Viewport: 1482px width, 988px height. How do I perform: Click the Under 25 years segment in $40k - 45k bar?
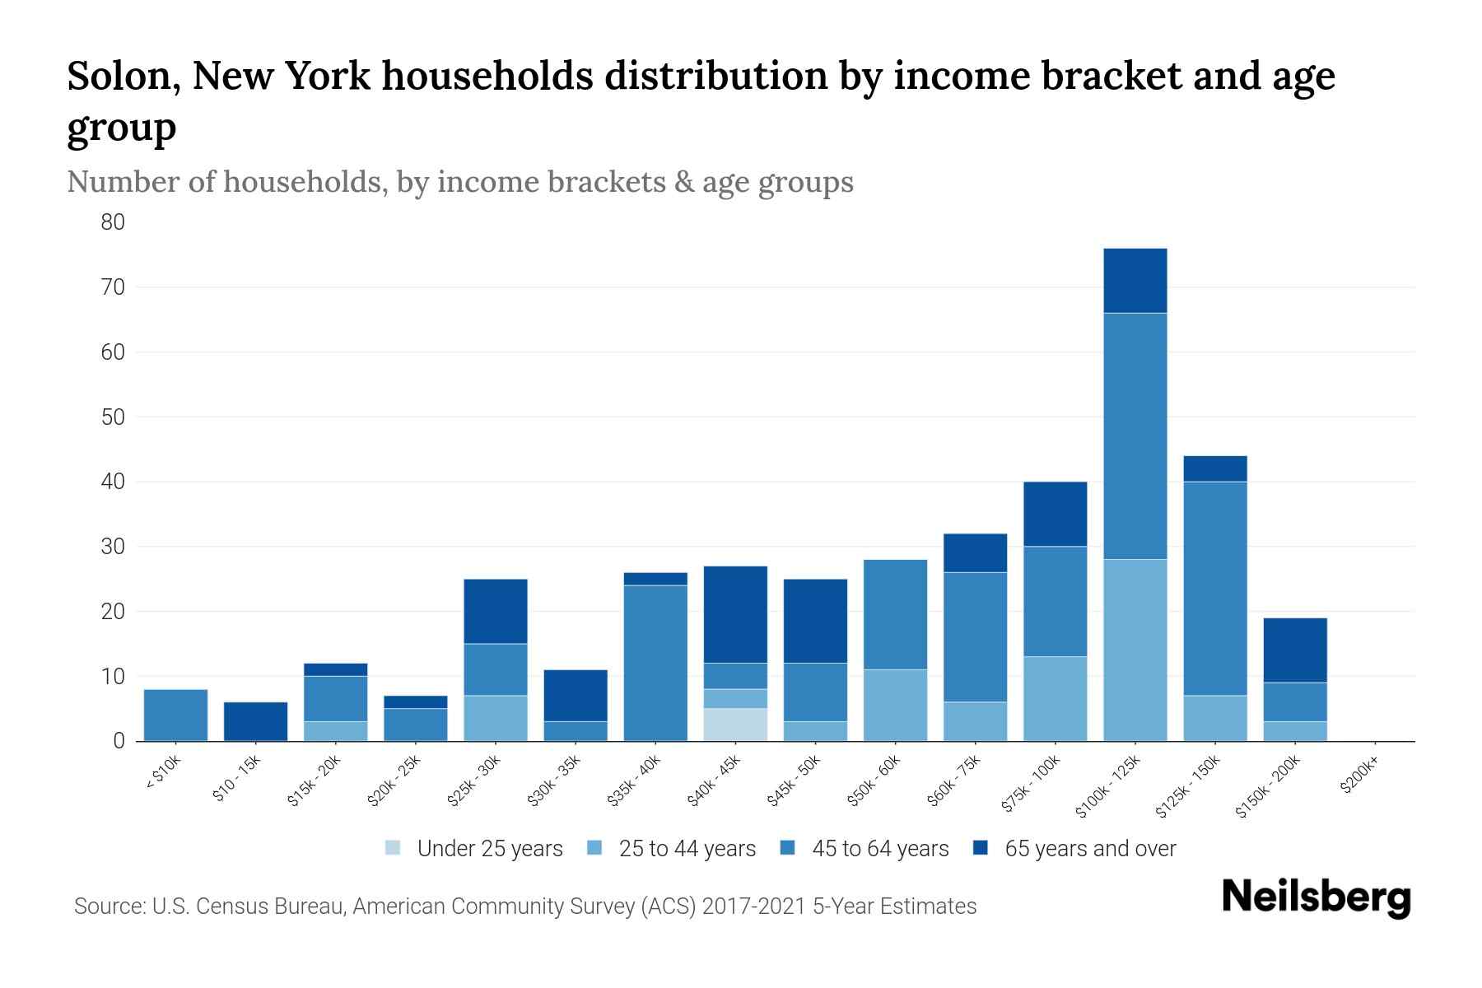pos(735,725)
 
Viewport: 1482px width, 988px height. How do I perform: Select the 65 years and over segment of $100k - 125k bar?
pos(1135,281)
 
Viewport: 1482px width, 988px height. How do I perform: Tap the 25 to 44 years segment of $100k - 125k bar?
pos(1135,650)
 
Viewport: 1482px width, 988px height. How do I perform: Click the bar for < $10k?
pos(175,715)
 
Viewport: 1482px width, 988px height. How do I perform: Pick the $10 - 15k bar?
pos(255,721)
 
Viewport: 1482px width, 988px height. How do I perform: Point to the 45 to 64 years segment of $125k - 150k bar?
pos(1214,589)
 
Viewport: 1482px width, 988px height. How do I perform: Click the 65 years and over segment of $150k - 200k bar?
pos(1294,650)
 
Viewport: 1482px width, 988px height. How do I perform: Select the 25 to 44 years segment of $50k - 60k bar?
pos(895,706)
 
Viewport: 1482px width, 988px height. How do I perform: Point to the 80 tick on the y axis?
pos(113,222)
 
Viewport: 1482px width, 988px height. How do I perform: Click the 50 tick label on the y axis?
pos(113,417)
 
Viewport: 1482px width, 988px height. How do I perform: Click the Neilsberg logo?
pos(1316,897)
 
